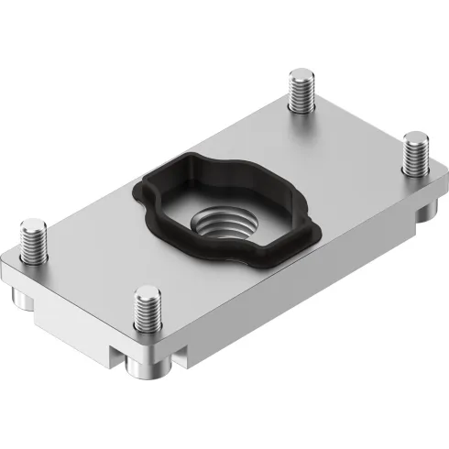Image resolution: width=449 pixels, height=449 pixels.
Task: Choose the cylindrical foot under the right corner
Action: [423, 215]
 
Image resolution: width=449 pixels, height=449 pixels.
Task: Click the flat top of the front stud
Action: [144, 294]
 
